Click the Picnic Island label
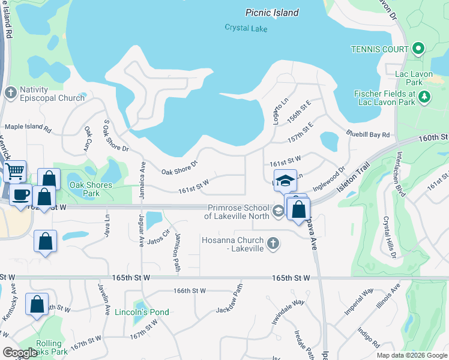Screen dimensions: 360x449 pyautogui.click(x=272, y=13)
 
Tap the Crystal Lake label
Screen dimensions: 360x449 pyautogui.click(x=245, y=28)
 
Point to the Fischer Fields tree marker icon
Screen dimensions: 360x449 pyautogui.click(x=424, y=97)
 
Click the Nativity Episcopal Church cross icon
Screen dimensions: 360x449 pyautogui.click(x=10, y=92)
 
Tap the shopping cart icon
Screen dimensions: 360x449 pyautogui.click(x=14, y=171)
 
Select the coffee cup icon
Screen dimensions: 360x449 pyautogui.click(x=22, y=194)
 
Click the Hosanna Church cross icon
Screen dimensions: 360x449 pyautogui.click(x=273, y=243)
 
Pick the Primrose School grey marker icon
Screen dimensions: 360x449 pyautogui.click(x=279, y=211)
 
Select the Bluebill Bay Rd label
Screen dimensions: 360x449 pyautogui.click(x=368, y=134)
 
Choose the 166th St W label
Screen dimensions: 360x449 pyautogui.click(x=190, y=290)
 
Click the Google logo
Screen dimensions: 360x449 pyautogui.click(x=20, y=353)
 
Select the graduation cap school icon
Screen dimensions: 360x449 pyautogui.click(x=286, y=180)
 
